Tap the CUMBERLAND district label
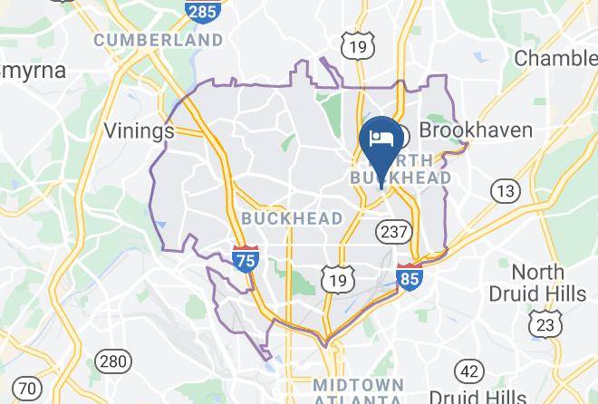click(x=159, y=40)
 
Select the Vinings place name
click(x=139, y=130)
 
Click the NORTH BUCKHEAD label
click(x=400, y=168)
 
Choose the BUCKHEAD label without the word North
click(x=293, y=218)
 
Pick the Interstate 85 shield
click(x=410, y=276)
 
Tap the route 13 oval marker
click(x=506, y=190)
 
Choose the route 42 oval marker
click(x=469, y=370)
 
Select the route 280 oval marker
click(x=113, y=361)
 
